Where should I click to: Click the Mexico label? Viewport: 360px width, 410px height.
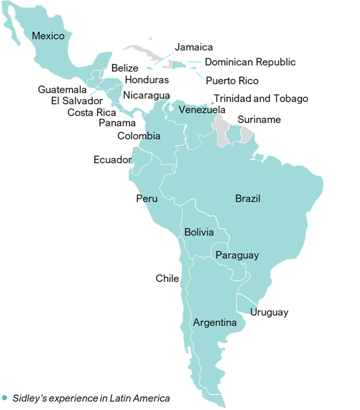[48, 36]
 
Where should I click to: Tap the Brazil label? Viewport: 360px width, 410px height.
[248, 198]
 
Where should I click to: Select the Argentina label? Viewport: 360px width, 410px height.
[215, 323]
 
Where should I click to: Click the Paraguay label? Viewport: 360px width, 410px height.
[237, 255]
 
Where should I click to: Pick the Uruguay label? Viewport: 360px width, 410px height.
[269, 312]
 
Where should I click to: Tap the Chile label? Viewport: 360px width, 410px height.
[167, 278]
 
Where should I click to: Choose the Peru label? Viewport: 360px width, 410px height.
[147, 199]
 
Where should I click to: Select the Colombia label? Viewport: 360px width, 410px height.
[139, 136]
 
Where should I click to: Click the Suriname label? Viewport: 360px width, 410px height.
[259, 120]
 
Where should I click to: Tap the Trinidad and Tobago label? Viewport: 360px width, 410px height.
[261, 99]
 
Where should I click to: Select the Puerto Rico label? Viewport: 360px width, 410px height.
[232, 81]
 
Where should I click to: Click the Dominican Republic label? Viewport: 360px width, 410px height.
[250, 62]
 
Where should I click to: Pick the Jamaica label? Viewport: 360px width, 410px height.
[194, 47]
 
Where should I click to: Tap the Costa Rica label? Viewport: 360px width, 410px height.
[92, 112]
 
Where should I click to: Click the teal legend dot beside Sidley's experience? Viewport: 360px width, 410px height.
[4, 398]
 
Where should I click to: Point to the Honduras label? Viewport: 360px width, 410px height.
[147, 80]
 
